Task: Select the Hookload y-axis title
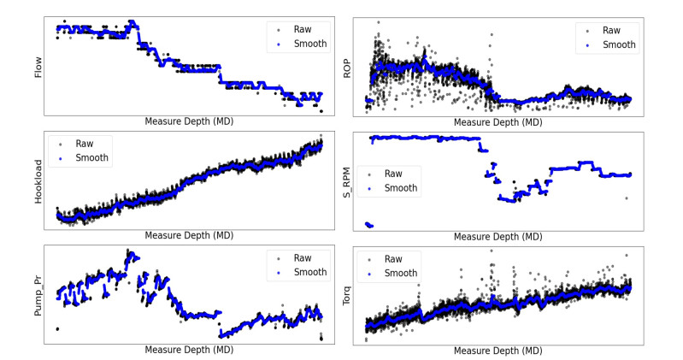click(38, 181)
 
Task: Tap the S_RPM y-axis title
click(346, 181)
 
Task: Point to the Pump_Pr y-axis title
click(38, 294)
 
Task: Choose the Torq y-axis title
click(346, 294)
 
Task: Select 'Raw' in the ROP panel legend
click(611, 30)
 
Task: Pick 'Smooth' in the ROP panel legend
click(618, 45)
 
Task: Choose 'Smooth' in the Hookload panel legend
click(91, 158)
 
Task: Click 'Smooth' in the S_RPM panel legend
click(400, 187)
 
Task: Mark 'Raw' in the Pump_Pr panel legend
click(303, 257)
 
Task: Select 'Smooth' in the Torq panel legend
click(400, 273)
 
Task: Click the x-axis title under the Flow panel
click(189, 121)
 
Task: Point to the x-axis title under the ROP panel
click(498, 122)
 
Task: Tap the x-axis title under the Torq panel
click(498, 351)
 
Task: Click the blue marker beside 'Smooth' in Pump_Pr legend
click(278, 272)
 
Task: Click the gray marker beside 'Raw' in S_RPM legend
click(369, 173)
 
